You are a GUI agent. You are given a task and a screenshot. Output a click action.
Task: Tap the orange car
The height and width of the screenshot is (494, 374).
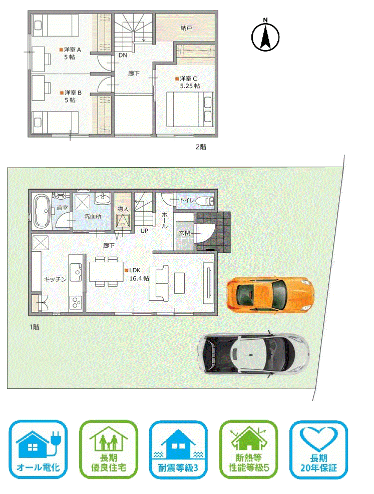270,295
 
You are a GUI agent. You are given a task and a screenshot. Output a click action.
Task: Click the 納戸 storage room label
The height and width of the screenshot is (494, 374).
186,28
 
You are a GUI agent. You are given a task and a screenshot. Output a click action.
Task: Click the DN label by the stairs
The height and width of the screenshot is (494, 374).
123,55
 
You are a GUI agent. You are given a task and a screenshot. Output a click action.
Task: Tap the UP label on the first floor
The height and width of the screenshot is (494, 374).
144,231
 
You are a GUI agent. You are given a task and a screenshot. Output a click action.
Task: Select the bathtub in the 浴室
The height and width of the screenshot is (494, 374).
42,211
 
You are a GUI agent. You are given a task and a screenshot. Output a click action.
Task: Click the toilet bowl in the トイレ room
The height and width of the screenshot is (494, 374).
204,201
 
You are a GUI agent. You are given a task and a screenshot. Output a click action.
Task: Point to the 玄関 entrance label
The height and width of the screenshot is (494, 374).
185,233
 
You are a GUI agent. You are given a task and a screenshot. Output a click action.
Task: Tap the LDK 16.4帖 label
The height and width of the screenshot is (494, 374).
137,274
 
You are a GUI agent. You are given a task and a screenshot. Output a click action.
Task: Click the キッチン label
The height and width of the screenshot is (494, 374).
55,279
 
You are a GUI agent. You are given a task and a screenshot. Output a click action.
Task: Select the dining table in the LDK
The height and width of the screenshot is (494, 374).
106,271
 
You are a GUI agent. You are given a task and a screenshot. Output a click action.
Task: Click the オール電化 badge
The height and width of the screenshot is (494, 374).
38,449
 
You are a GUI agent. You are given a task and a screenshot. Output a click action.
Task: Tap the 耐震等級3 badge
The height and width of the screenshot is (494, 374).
178,449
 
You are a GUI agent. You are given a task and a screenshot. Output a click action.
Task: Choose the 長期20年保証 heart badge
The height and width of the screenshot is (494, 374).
318,449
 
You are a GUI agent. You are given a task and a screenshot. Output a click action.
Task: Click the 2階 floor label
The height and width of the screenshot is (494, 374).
201,147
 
